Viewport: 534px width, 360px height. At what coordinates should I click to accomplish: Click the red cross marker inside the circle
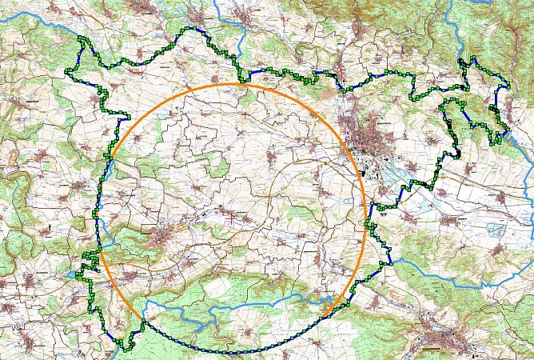(233, 214)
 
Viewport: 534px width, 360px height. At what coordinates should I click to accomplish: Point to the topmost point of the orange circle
(237, 84)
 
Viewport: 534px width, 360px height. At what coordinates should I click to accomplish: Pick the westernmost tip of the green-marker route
(65, 74)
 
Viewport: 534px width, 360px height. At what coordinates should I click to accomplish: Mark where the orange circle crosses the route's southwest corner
(143, 323)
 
